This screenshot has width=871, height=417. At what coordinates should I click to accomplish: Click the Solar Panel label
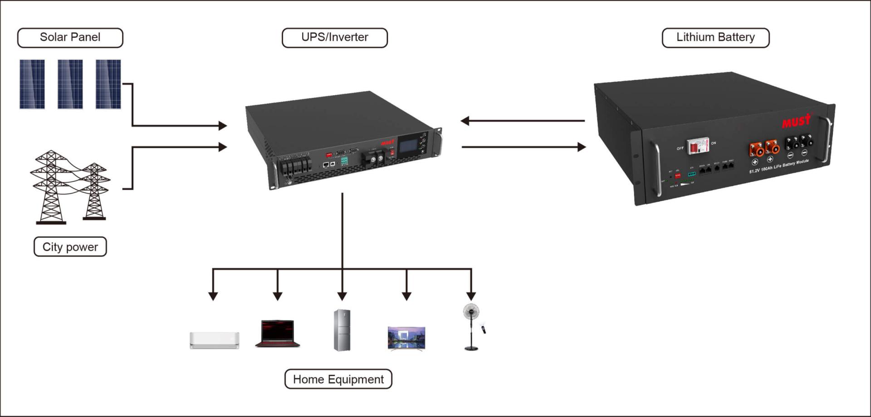pos(70,38)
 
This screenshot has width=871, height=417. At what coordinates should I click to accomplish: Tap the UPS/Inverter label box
pos(335,38)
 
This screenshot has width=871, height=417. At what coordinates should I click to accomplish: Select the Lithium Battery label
pos(715,38)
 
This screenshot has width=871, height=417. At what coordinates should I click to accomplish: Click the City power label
pos(70,247)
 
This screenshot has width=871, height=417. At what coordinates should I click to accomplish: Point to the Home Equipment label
pos(338,379)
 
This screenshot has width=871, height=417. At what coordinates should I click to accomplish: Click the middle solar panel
pos(70,84)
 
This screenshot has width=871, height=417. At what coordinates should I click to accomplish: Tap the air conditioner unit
pos(214,340)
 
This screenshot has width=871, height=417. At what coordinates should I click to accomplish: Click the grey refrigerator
pos(342,330)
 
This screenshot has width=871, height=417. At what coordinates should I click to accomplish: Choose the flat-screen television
pos(406,339)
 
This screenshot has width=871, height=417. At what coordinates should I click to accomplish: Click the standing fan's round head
pos(471,312)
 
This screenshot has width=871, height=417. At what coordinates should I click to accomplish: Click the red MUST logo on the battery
pos(796,121)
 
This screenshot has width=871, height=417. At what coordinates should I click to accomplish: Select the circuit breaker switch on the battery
pos(697,146)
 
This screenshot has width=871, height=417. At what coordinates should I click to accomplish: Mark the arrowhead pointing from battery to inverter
pos(465,121)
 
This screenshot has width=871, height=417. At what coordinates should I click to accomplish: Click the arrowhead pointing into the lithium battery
pos(581,147)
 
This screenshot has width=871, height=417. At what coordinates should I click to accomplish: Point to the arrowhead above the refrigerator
pos(343,296)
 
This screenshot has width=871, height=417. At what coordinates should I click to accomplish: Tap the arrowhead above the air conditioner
pos(213,296)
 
